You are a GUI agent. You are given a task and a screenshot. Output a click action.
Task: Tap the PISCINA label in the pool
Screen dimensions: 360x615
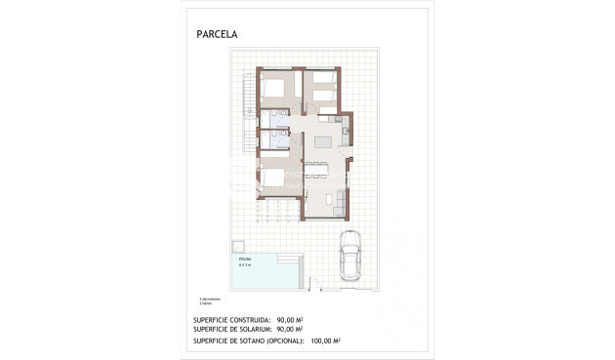tap(244, 260)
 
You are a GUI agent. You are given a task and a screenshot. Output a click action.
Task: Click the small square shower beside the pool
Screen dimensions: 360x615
tap(237, 244)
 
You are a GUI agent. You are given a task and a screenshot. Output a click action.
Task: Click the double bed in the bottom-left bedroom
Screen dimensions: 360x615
tap(275, 177)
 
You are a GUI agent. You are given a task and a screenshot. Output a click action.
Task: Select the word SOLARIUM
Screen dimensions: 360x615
tap(248, 330)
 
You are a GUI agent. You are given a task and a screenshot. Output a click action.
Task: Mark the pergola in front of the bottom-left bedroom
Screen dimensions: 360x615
tap(277, 209)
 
